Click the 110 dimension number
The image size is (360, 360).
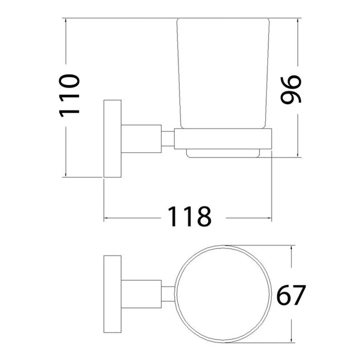(x=71, y=95)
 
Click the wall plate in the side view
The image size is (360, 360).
(x=113, y=139)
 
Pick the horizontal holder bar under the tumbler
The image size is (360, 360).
(x=223, y=139)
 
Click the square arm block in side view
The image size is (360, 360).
(x=142, y=139)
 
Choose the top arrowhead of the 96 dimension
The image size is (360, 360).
(x=300, y=21)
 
